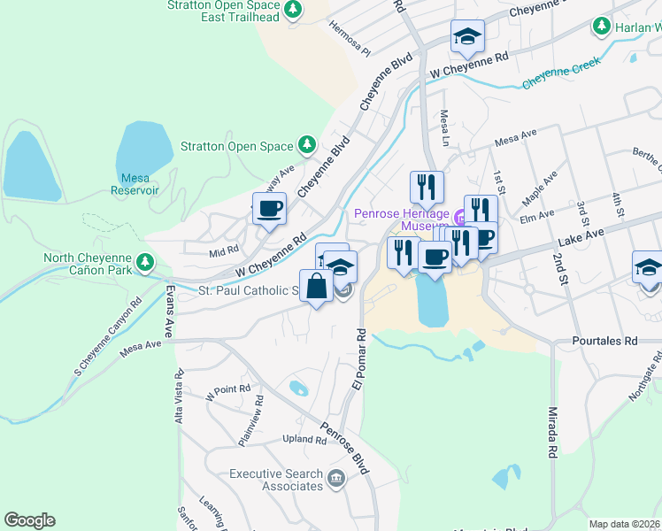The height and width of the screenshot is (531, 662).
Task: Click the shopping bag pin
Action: (x=317, y=286)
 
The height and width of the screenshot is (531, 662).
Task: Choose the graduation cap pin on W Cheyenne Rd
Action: (x=467, y=37)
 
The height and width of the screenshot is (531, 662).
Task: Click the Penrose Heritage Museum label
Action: (x=402, y=219)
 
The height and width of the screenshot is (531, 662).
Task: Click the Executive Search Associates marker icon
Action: (x=335, y=480)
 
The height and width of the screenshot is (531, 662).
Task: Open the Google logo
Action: (x=29, y=520)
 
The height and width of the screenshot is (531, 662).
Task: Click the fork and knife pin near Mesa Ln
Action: (x=427, y=187)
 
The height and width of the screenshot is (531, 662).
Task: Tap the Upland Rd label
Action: (x=304, y=439)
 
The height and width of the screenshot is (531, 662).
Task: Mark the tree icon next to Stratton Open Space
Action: (x=306, y=143)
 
